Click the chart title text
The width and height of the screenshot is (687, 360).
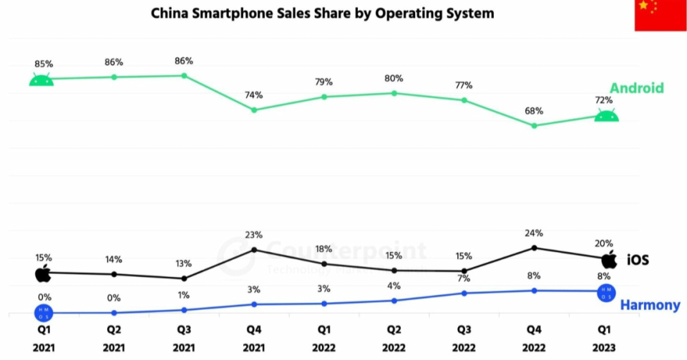click(x=322, y=14)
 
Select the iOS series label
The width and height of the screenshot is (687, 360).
click(x=638, y=260)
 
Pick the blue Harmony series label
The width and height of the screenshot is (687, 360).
click(x=650, y=305)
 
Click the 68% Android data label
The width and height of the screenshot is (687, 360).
click(x=534, y=111)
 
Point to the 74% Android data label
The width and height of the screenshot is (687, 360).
click(x=253, y=94)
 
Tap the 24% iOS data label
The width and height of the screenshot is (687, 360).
click(x=534, y=233)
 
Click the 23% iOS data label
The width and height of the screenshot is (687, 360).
click(x=253, y=234)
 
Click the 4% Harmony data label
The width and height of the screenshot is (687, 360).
click(x=394, y=286)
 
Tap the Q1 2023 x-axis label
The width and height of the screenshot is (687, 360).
click(x=604, y=339)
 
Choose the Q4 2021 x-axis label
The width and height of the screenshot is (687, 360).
click(x=253, y=339)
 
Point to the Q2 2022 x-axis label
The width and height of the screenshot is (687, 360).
click(x=394, y=339)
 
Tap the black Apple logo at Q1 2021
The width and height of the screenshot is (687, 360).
click(x=43, y=273)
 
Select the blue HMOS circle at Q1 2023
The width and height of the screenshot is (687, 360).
click(x=606, y=293)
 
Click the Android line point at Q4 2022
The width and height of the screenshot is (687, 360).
click(x=534, y=125)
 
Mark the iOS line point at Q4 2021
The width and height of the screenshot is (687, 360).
click(x=253, y=249)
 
